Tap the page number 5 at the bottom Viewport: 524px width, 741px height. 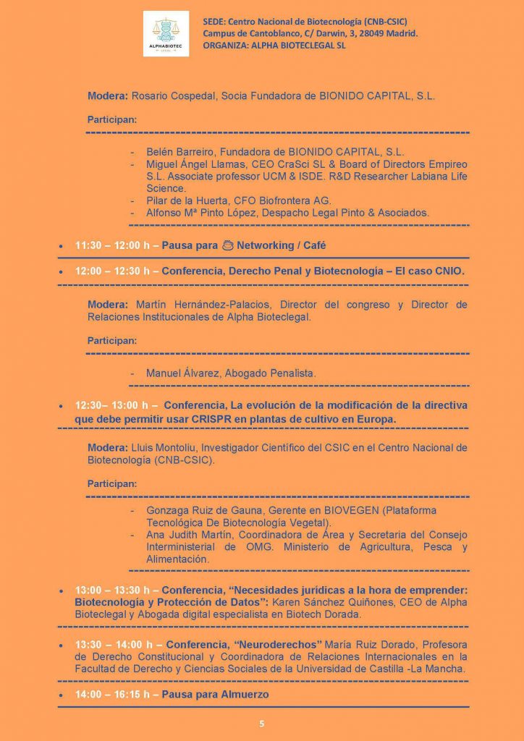point(262,723)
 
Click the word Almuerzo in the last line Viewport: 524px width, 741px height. point(244,695)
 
